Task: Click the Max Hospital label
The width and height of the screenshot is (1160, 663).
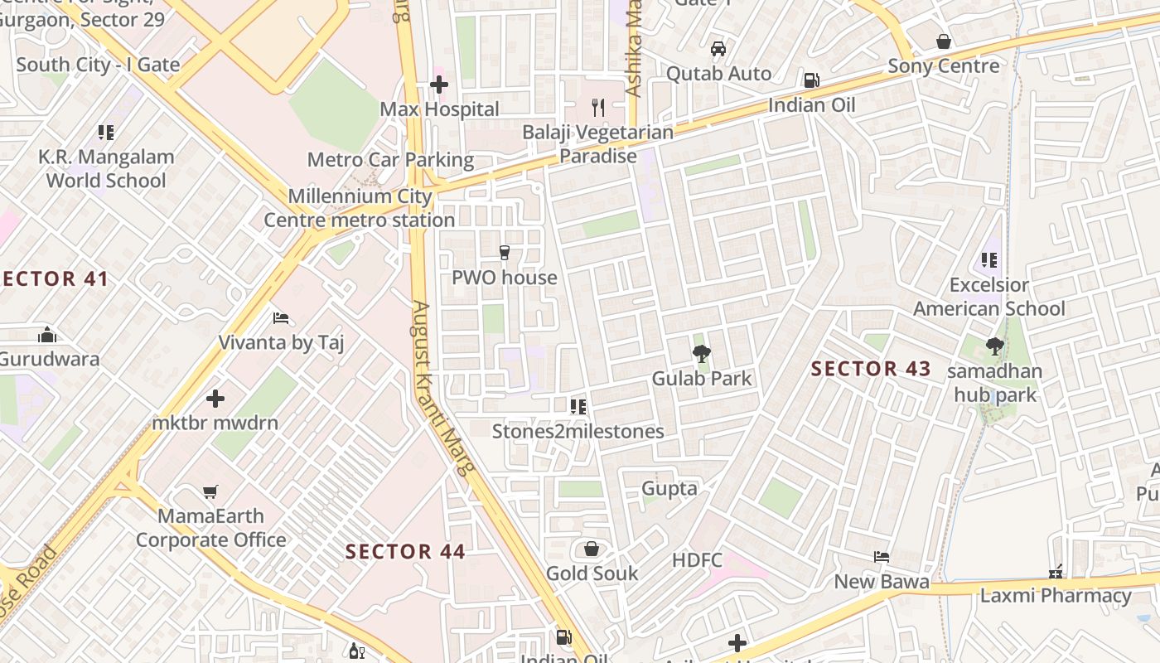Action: [x=439, y=109]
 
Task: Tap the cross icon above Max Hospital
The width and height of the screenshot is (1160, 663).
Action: [x=439, y=84]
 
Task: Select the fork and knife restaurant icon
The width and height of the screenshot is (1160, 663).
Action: [x=598, y=107]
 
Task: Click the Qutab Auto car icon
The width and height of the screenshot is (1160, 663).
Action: [x=718, y=49]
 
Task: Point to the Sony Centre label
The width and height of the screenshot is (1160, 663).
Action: [x=943, y=66]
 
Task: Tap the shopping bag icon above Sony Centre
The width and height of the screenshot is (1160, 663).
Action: [x=943, y=41]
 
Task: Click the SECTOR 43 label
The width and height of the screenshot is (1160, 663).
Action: [x=871, y=369]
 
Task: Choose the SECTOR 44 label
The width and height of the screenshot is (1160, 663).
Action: [x=405, y=552]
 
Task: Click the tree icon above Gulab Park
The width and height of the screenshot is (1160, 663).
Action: [x=701, y=355]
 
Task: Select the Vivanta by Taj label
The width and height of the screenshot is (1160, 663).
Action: [x=281, y=342]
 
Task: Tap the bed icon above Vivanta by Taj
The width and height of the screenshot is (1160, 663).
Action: [x=281, y=318]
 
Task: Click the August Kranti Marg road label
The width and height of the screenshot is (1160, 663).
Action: [x=443, y=388]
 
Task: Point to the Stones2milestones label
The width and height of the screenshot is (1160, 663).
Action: [x=578, y=432]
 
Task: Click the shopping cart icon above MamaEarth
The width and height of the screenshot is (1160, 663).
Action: [x=210, y=492]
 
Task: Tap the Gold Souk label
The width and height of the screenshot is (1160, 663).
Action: [x=592, y=573]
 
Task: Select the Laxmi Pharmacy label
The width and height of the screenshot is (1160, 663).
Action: [x=1055, y=596]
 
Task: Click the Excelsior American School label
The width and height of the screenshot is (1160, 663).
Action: [x=989, y=297]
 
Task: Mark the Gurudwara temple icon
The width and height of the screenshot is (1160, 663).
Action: [x=47, y=336]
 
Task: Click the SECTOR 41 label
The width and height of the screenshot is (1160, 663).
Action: [x=55, y=279]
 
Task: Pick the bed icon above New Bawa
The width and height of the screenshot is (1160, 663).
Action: [x=882, y=557]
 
